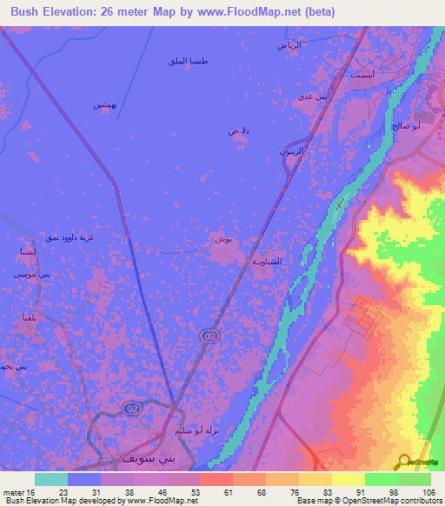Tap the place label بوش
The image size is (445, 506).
pos(222,238)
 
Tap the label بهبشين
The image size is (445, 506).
pos(105,104)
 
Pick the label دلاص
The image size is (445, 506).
pos(238,130)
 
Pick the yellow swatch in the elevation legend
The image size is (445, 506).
pos(349,479)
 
